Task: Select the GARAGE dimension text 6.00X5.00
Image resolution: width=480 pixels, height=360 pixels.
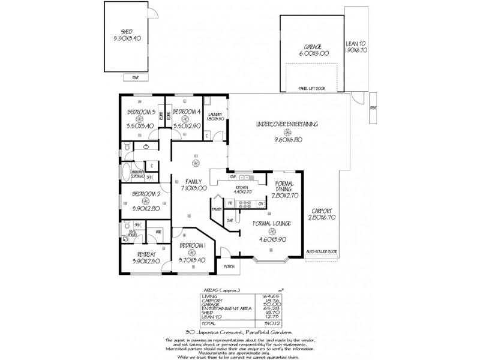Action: tap(313, 53)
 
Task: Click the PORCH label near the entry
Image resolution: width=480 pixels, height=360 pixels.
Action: tap(229, 267)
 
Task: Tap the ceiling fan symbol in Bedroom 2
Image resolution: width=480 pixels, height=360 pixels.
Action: tap(145, 202)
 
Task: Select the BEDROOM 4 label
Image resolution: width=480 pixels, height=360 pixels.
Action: tap(185, 112)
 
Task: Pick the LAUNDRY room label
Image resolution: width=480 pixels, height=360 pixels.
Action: tap(215, 114)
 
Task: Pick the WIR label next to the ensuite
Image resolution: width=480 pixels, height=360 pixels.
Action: tap(158, 232)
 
